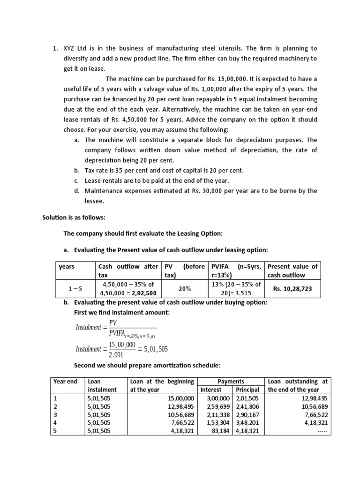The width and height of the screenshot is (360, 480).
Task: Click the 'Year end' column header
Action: (66, 381)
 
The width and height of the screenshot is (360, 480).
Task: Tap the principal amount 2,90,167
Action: (247, 415)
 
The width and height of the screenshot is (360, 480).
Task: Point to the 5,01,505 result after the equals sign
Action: (156, 349)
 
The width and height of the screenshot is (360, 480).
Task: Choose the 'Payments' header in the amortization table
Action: (230, 381)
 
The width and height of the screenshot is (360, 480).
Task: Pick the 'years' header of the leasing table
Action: (67, 266)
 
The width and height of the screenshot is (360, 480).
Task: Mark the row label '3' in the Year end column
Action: (55, 415)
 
